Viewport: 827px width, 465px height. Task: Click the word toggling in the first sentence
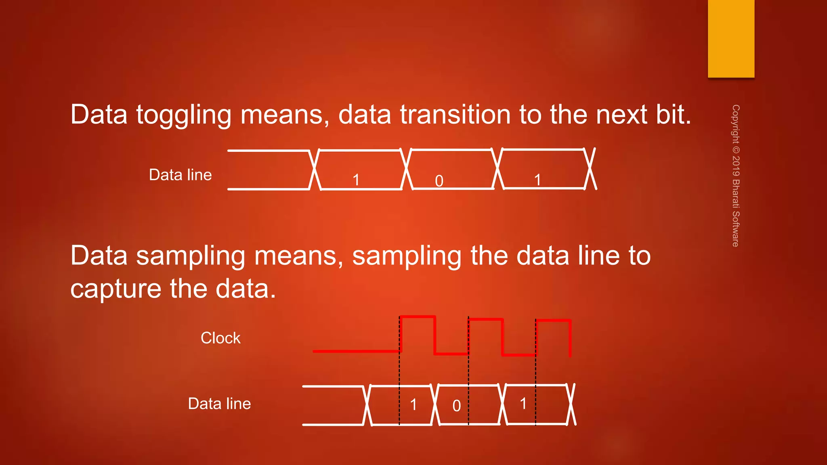[184, 115]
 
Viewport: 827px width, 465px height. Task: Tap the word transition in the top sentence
[455, 115]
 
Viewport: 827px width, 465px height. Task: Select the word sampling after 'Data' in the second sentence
[191, 257]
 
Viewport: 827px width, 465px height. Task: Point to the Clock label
[220, 338]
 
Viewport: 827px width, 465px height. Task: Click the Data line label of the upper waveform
[180, 175]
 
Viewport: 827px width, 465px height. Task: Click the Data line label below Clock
[219, 404]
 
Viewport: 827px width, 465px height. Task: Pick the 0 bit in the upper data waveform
[439, 181]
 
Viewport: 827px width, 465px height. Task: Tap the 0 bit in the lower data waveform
[456, 406]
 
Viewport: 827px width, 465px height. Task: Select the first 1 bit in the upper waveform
[356, 180]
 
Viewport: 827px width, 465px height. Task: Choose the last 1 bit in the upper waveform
[537, 180]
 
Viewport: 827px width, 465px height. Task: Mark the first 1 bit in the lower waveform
[413, 404]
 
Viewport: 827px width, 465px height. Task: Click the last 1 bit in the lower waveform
[523, 403]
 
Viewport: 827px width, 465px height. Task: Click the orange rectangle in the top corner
[731, 38]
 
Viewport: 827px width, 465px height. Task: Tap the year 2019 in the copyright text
[736, 165]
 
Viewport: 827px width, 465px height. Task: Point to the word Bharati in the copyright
[736, 194]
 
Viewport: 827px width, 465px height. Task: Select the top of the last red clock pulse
[553, 320]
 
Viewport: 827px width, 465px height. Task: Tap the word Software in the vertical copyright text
[736, 229]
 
